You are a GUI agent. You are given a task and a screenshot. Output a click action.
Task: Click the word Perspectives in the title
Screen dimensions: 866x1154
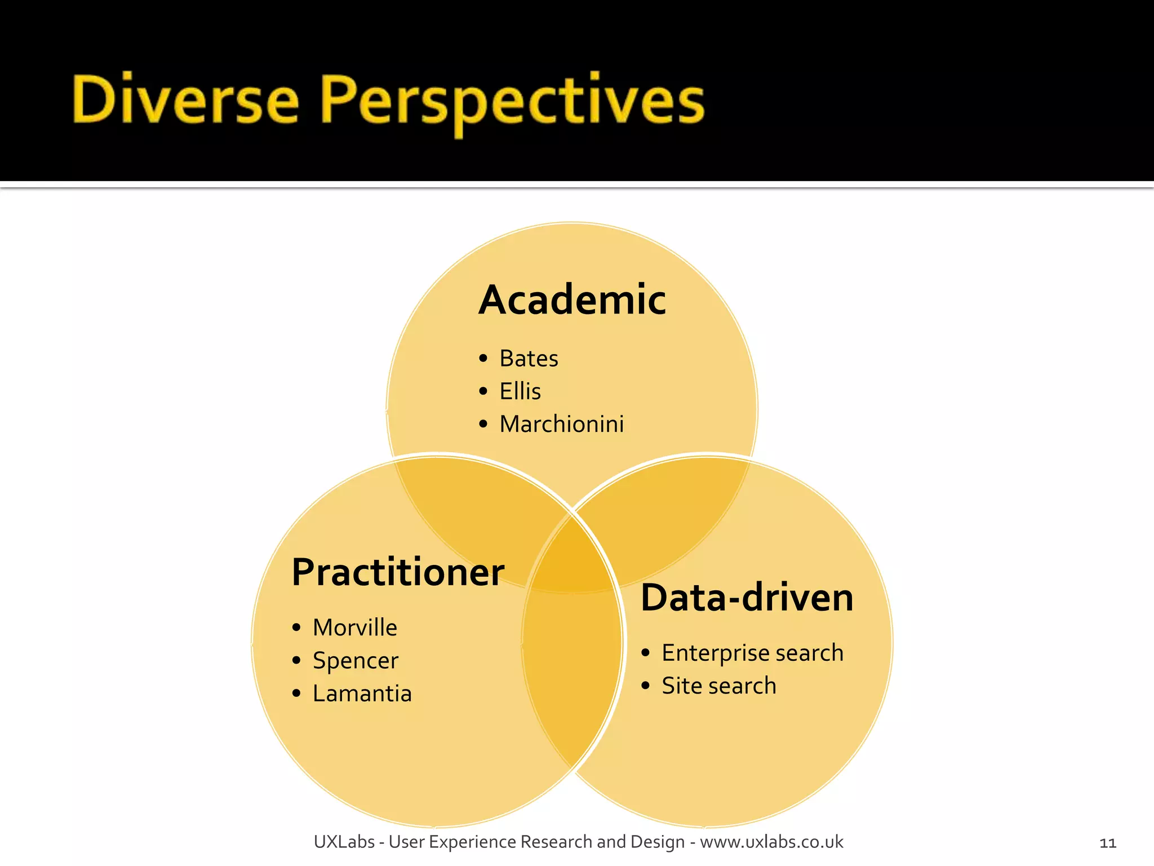[512, 101]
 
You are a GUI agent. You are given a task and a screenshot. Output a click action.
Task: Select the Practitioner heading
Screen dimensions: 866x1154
[397, 572]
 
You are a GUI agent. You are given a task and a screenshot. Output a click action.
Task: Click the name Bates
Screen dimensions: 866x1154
[528, 359]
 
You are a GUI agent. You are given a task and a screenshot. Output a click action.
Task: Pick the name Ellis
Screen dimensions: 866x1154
[520, 391]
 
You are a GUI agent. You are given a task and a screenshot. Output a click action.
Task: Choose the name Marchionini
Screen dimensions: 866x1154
[561, 424]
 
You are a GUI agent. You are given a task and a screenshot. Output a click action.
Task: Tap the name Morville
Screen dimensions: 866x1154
[354, 628]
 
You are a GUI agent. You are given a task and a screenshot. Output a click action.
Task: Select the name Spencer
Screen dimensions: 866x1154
[355, 661]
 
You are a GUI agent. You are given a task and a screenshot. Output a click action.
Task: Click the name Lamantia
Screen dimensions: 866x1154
[362, 693]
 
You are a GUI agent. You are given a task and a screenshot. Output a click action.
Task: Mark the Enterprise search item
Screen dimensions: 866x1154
[752, 653]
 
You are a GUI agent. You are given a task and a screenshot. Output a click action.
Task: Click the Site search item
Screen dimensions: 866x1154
[718, 686]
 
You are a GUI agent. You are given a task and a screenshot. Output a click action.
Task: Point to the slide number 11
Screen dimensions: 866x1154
[1107, 843]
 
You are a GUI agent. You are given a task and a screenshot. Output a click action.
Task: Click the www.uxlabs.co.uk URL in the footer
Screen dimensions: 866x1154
[771, 842]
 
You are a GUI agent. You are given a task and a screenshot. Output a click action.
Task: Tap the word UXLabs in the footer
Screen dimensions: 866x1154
[344, 842]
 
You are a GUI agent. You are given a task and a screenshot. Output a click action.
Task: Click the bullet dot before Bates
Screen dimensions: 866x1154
[483, 359]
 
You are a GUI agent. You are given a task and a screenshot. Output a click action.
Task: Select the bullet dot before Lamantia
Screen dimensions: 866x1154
[296, 693]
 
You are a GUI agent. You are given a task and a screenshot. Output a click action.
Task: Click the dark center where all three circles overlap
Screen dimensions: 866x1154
[571, 564]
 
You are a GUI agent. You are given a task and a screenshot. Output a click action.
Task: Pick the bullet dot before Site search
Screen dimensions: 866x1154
[646, 686]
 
